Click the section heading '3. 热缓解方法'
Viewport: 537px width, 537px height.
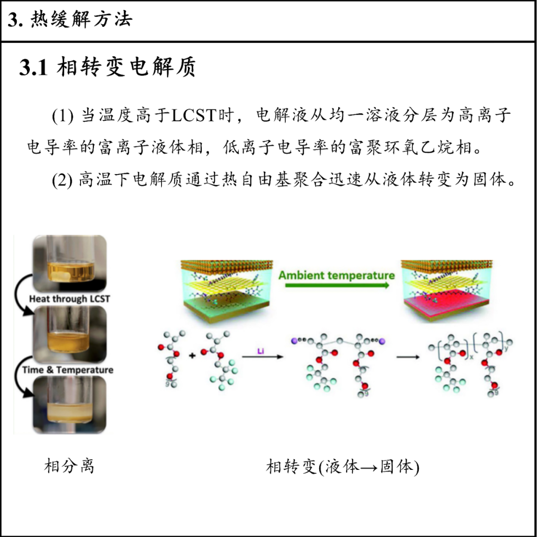tap(70, 20)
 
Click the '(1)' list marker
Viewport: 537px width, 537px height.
tap(63, 116)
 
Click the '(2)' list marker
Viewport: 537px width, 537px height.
tap(63, 180)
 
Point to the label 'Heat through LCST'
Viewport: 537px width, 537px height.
tap(69, 299)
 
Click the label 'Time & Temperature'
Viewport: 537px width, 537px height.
tap(68, 370)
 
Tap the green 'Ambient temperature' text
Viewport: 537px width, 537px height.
tap(337, 275)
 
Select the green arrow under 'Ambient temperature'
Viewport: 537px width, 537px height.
tap(337, 286)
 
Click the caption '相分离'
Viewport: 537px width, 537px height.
tap(69, 467)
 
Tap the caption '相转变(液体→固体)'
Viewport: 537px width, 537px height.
tap(343, 467)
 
